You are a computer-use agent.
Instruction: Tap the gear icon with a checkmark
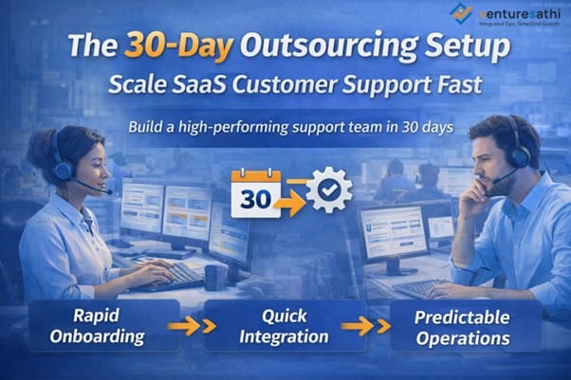click(328, 189)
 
